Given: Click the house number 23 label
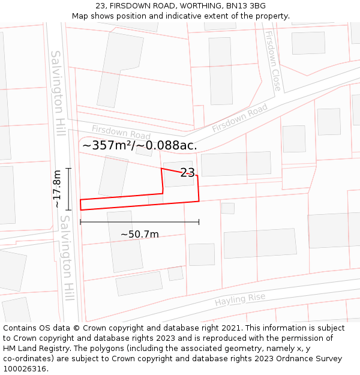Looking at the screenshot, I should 187,173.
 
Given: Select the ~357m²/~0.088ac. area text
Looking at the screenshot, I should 139,145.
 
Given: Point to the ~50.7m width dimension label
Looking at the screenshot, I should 140,234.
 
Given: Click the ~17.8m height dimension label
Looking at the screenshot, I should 57,189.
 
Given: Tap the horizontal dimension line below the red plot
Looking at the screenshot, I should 140,222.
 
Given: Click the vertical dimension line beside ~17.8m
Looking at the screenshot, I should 69,189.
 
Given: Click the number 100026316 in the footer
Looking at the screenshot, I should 25,368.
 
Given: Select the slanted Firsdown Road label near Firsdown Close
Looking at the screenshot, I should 239,118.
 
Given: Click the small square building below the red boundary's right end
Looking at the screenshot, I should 227,208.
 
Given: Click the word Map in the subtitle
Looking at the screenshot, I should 81,16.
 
